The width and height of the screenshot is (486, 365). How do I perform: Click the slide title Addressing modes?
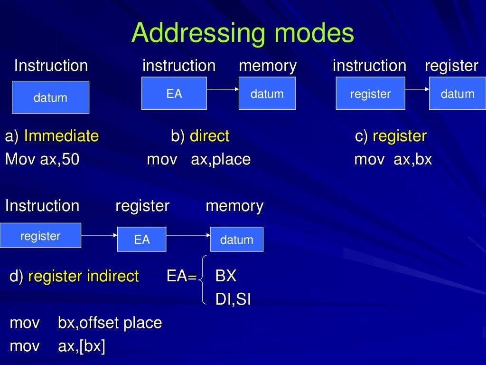243,33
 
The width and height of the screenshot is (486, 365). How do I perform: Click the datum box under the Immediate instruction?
50,97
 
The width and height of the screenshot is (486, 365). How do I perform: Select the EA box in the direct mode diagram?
174,93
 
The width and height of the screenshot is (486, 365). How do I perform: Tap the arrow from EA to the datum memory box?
222,89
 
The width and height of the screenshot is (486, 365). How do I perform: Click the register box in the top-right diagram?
370,94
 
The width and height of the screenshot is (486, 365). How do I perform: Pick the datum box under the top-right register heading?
457,94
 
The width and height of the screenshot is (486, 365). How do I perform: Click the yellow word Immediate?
61,136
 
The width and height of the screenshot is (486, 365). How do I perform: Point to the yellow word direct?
209,136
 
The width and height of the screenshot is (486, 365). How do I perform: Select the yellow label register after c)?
400,136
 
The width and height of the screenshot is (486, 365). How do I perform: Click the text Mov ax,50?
42,159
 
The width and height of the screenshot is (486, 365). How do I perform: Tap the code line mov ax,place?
198,159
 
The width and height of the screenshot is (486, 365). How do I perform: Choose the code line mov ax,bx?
393,159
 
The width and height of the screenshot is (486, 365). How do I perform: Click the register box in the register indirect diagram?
40,235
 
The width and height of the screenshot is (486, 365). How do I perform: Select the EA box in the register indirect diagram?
141,240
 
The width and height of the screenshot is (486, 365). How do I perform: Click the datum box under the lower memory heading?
236,240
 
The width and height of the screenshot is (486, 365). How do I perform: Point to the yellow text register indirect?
84,276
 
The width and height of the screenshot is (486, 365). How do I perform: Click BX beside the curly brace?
225,276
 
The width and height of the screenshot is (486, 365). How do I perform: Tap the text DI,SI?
233,299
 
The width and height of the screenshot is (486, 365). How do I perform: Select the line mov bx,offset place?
86,323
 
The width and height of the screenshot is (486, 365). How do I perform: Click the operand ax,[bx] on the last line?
81,346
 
